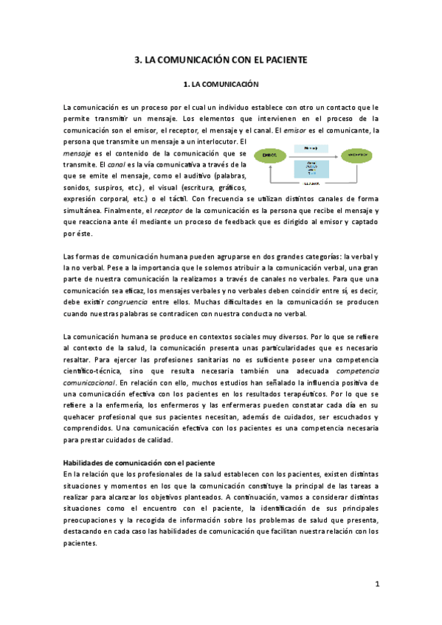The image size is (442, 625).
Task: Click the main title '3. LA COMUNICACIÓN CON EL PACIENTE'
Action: [x=221, y=60]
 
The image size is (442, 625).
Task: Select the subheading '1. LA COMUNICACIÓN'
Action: [x=221, y=85]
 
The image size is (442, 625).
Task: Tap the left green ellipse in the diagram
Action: [x=269, y=156]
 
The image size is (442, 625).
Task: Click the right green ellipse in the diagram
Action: [x=356, y=156]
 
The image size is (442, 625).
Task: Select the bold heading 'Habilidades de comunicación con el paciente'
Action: [x=139, y=462]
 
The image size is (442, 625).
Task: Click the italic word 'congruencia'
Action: [x=116, y=302]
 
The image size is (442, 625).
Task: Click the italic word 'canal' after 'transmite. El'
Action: [x=119, y=164]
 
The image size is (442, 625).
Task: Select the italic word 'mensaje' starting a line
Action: [x=78, y=153]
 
